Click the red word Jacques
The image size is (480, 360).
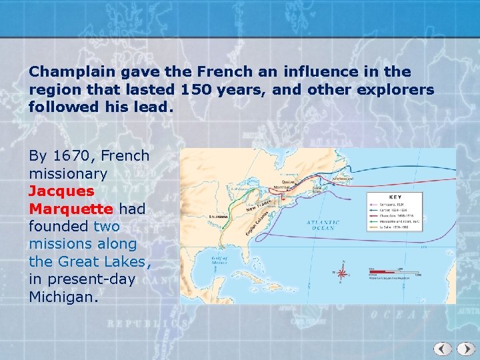(x=61, y=191)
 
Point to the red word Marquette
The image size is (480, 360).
(x=71, y=209)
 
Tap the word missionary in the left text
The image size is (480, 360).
(x=67, y=173)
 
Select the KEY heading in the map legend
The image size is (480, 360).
(x=395, y=197)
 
